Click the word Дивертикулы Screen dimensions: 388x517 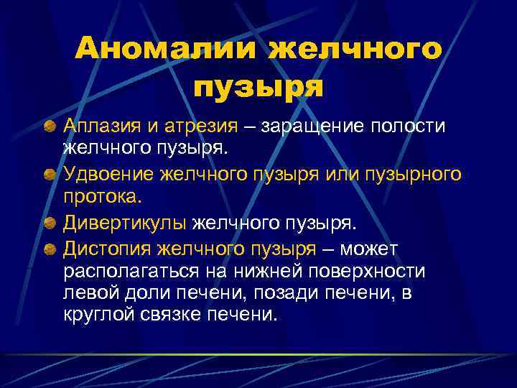click(125, 223)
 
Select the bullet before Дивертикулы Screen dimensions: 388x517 click(50, 224)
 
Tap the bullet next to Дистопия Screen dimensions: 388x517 click(50, 249)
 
